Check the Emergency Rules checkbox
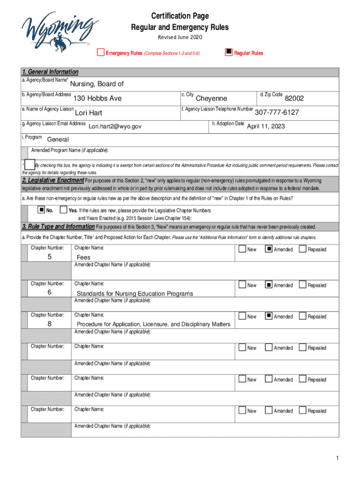101,52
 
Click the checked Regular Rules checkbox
229,52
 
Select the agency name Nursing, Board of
97,84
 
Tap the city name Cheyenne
211,98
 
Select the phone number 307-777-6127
277,112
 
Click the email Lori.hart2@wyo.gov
115,126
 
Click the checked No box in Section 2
41,209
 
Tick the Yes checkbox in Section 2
64,210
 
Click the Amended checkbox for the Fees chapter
268,249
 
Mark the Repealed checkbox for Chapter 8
302,316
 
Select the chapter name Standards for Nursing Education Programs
135,293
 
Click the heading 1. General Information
50,72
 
